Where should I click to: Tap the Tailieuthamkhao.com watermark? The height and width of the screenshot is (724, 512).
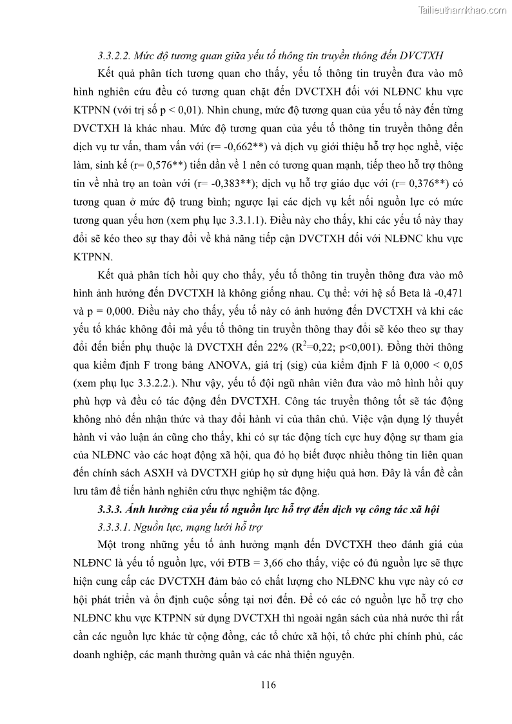462,10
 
